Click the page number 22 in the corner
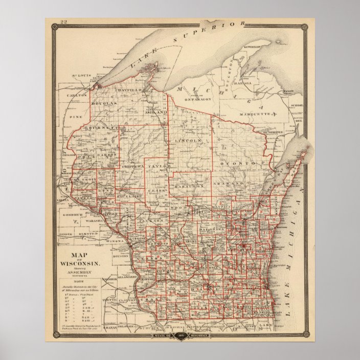click(x=64, y=22)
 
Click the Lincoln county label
click(x=188, y=140)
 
